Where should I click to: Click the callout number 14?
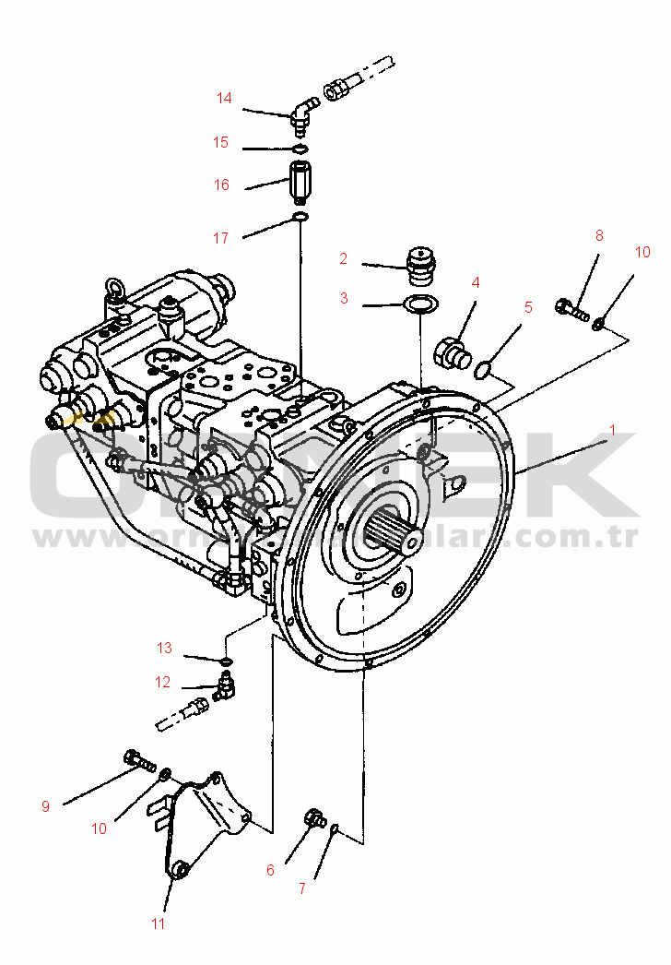[x=225, y=98]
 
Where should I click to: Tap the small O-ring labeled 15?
[x=299, y=149]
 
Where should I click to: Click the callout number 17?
[x=220, y=238]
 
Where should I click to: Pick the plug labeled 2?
[x=420, y=261]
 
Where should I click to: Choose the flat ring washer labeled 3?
[x=420, y=304]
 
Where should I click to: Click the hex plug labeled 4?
[x=452, y=351]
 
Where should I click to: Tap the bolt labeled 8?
[x=571, y=309]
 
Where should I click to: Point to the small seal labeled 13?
[x=225, y=661]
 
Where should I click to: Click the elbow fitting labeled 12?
[x=224, y=686]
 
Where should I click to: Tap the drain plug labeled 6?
[x=316, y=817]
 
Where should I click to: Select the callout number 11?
[x=158, y=923]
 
